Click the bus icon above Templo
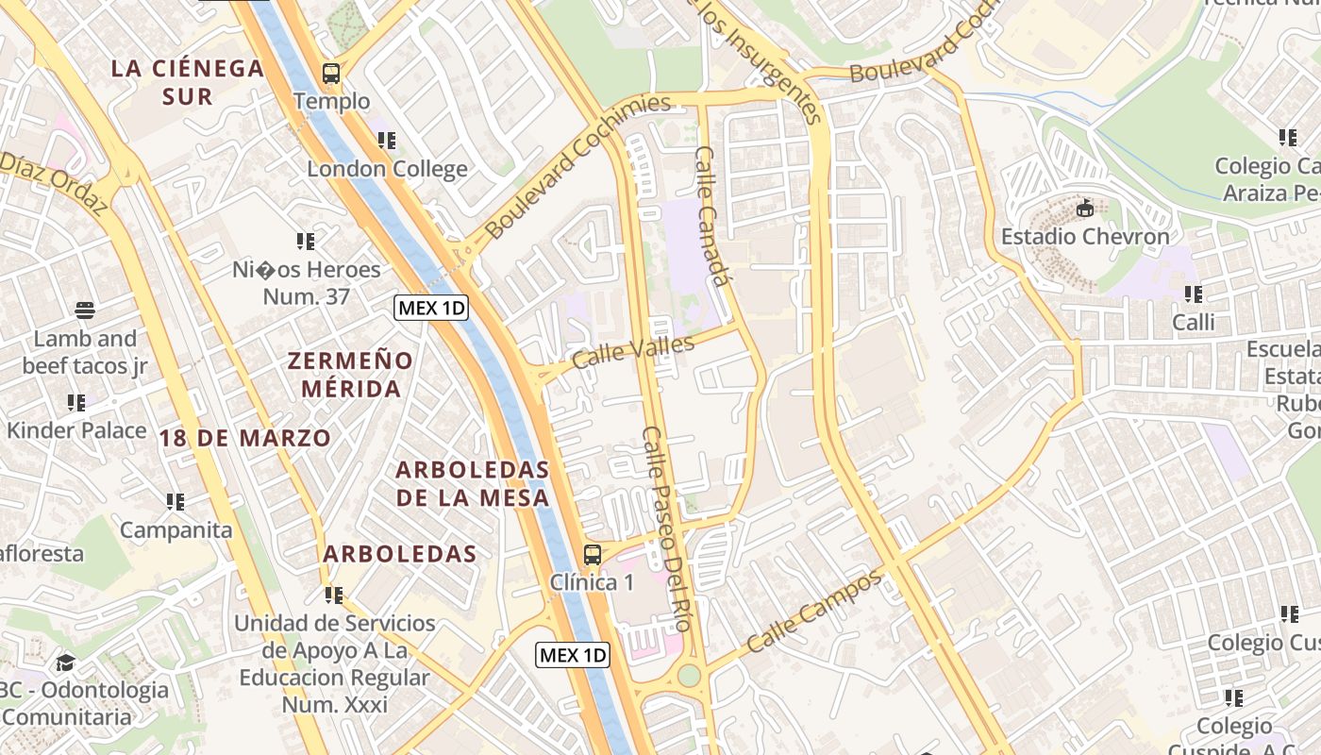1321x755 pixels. click(331, 73)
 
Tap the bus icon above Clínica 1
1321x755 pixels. click(593, 555)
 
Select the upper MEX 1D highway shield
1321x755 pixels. click(431, 308)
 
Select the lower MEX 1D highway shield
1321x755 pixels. click(573, 655)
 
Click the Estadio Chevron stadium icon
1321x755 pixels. click(1085, 209)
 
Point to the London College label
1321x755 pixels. click(387, 170)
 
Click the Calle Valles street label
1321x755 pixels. click(632, 352)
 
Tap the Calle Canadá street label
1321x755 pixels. click(713, 215)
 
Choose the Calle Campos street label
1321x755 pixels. click(813, 612)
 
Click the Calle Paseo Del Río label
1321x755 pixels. click(667, 528)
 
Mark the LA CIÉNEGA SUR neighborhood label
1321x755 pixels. click(187, 82)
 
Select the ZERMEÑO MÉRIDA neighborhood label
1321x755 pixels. click(350, 375)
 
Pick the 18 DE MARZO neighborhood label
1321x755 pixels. click(245, 438)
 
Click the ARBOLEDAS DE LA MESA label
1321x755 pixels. click(472, 483)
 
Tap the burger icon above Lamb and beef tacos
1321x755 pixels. click(85, 310)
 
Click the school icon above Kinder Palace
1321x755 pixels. click(76, 403)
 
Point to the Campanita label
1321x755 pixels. click(176, 530)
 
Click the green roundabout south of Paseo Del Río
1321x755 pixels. click(690, 676)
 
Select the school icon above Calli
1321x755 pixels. click(1193, 294)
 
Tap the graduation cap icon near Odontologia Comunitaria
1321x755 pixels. click(65, 663)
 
